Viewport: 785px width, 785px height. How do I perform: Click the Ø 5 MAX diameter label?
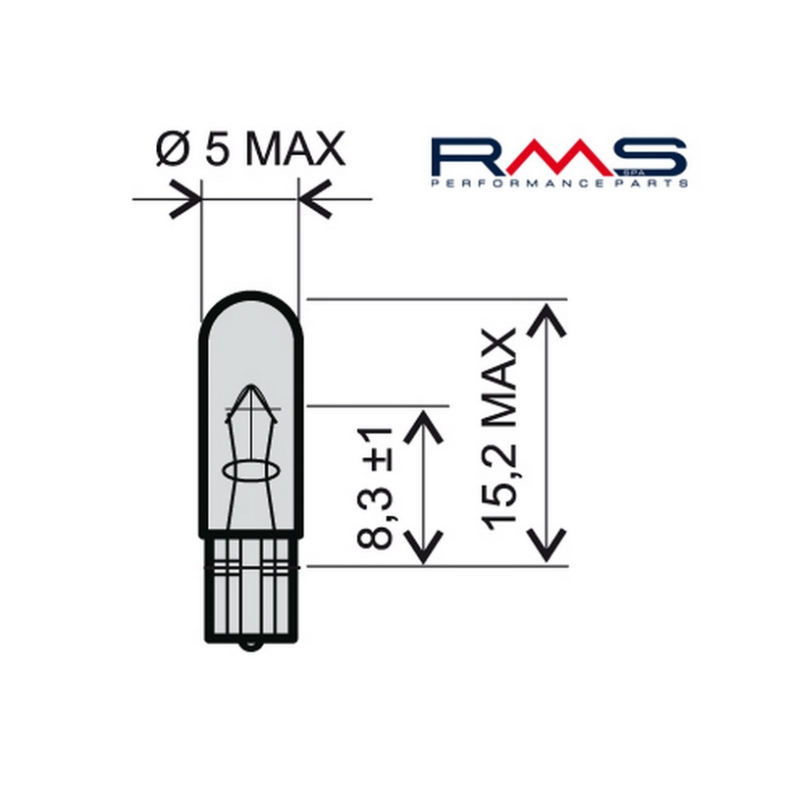(251, 148)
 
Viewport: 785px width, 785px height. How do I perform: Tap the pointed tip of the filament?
(249, 385)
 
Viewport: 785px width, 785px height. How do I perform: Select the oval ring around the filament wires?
(249, 472)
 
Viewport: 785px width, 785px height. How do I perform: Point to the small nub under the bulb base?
(250, 645)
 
